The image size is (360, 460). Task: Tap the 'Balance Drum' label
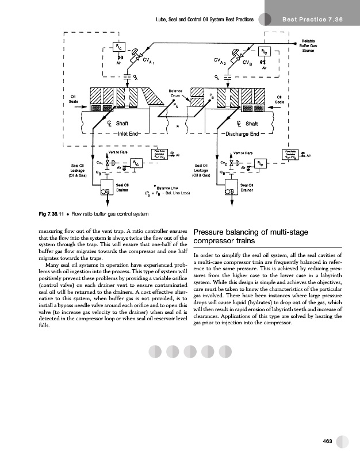175,93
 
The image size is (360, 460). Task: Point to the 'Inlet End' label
129,134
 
